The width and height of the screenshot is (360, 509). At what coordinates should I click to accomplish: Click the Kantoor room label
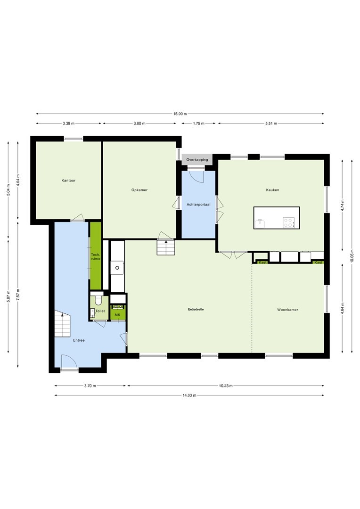pos(68,181)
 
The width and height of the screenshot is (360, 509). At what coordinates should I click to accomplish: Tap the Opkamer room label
pos(139,190)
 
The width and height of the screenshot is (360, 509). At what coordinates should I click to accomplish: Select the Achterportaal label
pos(198,205)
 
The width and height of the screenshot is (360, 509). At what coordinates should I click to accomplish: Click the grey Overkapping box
pos(197,160)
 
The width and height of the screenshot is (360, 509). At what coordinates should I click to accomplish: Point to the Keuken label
pos(272,190)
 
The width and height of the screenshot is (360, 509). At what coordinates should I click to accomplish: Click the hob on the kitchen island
pos(288,222)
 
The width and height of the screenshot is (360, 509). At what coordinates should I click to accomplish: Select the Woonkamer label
pos(287,310)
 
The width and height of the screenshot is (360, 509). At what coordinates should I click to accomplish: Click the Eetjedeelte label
pos(196,309)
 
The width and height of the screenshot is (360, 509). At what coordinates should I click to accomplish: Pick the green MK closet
pos(117,312)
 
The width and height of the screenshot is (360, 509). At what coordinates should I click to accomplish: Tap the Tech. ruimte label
pos(96,256)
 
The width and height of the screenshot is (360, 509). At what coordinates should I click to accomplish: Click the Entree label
pos(79,340)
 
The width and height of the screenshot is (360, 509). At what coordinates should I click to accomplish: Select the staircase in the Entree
pos(62,323)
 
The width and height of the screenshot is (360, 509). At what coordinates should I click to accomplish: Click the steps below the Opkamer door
pos(166,247)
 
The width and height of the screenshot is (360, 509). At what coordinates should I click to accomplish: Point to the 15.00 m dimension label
pos(180,114)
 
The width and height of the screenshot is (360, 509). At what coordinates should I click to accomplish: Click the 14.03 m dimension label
pos(189,395)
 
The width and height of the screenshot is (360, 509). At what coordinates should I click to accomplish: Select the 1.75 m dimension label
pos(198,123)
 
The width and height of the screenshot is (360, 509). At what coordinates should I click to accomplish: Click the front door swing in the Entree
pos(69,361)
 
